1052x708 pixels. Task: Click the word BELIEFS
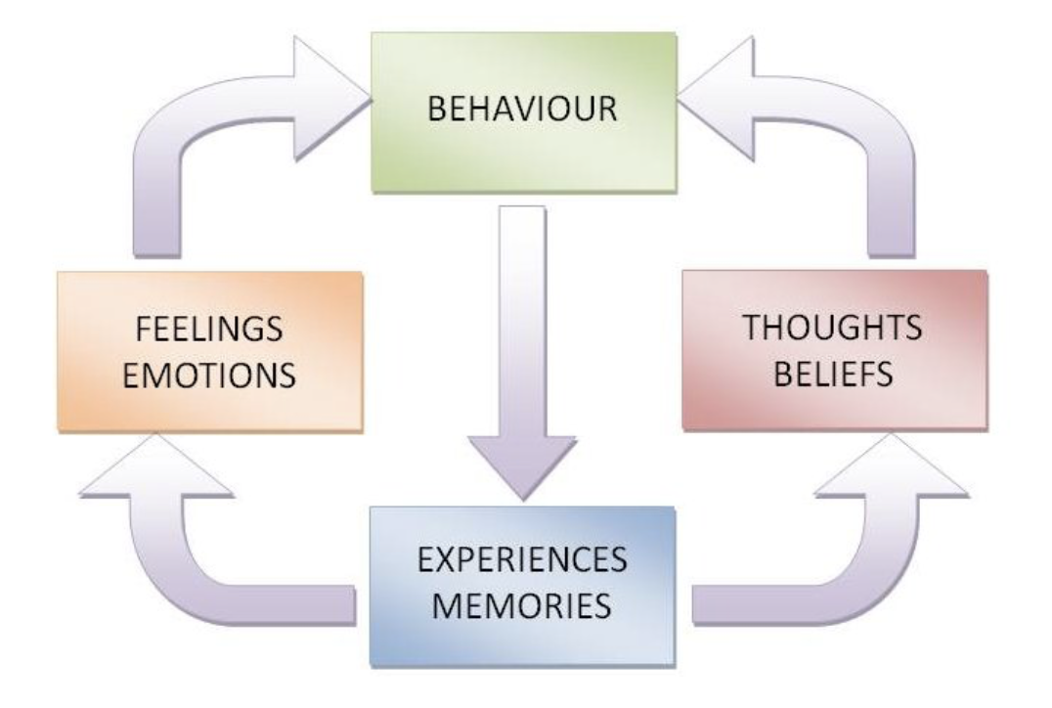[x=832, y=375]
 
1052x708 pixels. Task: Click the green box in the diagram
[x=523, y=147]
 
